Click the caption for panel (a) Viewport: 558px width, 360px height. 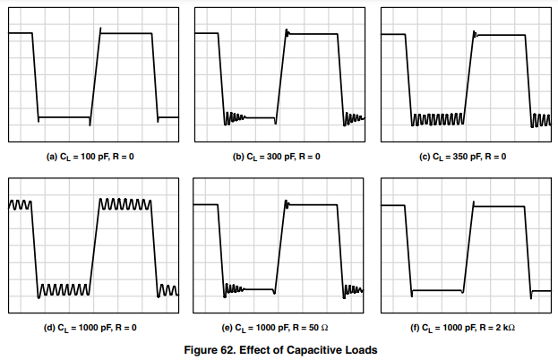pyautogui.click(x=91, y=157)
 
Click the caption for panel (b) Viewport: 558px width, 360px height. pyautogui.click(x=278, y=157)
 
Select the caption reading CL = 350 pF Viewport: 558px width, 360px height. pyautogui.click(x=464, y=157)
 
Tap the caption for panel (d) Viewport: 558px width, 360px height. pyautogui.click(x=91, y=328)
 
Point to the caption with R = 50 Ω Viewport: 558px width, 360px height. pyautogui.click(x=278, y=328)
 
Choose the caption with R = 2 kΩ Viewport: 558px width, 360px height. pyautogui.click(x=464, y=328)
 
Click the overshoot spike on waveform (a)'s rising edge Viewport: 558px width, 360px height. pyautogui.click(x=99, y=30)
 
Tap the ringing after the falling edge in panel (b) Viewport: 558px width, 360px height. pyautogui.click(x=235, y=116)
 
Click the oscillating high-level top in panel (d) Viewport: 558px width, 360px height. pyautogui.click(x=124, y=204)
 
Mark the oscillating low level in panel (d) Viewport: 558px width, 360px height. pyautogui.click(x=63, y=290)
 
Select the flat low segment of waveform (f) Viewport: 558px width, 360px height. pyautogui.click(x=436, y=290)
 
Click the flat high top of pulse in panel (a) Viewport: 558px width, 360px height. pyautogui.click(x=125, y=34)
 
